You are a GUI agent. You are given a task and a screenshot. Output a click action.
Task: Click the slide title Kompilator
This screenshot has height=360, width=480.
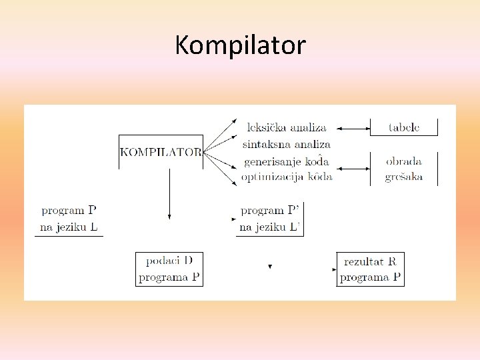[x=240, y=46]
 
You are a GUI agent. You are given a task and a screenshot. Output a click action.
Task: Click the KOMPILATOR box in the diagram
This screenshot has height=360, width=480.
[x=161, y=152]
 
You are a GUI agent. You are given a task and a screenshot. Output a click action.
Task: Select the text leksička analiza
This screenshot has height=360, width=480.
[x=286, y=127]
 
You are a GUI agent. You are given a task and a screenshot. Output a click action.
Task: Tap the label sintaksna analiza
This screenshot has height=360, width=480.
[x=286, y=144]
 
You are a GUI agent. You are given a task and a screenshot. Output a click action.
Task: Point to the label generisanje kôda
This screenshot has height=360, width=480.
[x=286, y=161]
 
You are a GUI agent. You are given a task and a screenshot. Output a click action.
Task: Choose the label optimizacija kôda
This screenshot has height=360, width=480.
[x=287, y=177]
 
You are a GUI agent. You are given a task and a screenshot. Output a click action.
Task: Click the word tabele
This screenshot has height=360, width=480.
[x=403, y=127]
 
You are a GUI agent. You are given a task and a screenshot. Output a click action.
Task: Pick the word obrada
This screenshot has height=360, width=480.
[x=403, y=161]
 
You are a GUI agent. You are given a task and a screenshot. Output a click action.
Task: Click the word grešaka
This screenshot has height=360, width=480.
[x=403, y=177]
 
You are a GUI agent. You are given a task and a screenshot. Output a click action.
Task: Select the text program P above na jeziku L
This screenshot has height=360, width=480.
[x=69, y=211]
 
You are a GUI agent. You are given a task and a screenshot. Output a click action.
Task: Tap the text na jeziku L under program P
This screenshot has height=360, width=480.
[x=69, y=227]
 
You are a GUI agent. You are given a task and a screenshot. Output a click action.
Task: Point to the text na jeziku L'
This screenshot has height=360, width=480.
[x=270, y=227]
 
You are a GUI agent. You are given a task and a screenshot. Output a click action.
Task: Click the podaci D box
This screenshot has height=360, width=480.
[x=169, y=269]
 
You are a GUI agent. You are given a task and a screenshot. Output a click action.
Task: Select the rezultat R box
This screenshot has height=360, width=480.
[x=370, y=269]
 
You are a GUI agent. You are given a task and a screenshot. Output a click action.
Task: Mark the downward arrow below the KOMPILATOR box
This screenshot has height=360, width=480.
[x=169, y=193]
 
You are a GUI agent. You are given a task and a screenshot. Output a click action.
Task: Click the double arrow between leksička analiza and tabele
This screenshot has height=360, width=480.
[x=353, y=127]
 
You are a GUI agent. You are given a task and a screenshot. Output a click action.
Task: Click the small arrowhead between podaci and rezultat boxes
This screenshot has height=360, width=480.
[x=270, y=267]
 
